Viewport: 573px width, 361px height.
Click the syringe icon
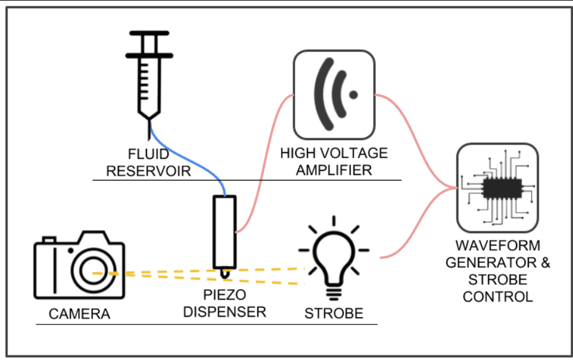pos(148,81)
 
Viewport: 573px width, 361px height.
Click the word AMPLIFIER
pos(334,170)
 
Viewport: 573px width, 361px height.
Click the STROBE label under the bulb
pos(334,313)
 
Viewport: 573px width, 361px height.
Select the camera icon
pos(79,265)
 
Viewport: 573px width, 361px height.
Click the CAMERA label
pos(79,314)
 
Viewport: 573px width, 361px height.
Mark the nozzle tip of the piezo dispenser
pos(224,275)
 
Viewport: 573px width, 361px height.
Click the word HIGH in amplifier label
pos(301,153)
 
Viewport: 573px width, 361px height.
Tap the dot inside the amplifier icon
pos(353,95)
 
